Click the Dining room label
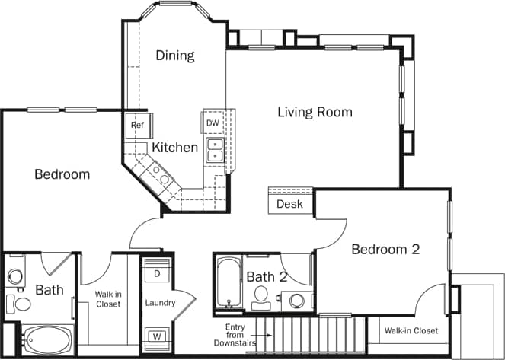(x=175, y=56)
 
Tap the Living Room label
(x=315, y=113)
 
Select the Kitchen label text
(x=174, y=148)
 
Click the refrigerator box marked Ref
(x=137, y=125)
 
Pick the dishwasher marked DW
(x=213, y=123)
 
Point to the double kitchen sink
(x=215, y=150)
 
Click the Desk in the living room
(x=289, y=204)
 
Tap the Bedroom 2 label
(x=385, y=249)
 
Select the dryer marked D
(x=157, y=272)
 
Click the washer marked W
(x=157, y=336)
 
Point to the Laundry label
(x=160, y=303)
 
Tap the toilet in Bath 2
(x=261, y=295)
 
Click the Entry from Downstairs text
(x=234, y=336)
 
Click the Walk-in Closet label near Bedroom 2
(x=411, y=330)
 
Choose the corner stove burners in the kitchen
(x=161, y=177)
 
